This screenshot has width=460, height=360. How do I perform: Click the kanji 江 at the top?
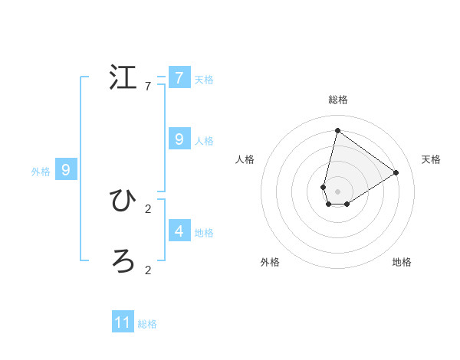(x=123, y=78)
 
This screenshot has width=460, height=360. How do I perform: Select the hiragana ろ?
(x=123, y=262)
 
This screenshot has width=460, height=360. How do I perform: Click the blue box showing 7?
(x=179, y=78)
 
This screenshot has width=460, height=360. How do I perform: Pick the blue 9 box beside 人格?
(x=179, y=139)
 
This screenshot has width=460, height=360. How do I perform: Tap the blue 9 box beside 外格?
(x=66, y=170)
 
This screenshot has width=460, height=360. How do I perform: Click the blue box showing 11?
(x=123, y=322)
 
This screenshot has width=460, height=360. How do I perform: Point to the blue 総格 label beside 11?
(x=147, y=324)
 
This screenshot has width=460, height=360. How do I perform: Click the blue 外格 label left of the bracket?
(x=41, y=172)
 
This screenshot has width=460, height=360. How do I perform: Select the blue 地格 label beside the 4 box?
(x=204, y=232)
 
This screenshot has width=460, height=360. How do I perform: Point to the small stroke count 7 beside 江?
(x=148, y=87)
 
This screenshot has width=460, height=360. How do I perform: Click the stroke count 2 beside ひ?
(x=148, y=208)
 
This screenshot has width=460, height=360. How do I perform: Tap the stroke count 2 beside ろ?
(x=148, y=270)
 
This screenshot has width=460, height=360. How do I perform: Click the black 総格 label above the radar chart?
(x=337, y=100)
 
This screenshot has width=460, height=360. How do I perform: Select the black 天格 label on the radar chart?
(x=431, y=159)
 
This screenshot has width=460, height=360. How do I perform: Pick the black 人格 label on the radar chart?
(x=245, y=159)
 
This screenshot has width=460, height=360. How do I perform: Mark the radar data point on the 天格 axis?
(x=396, y=172)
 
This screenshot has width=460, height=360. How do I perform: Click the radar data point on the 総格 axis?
(x=337, y=130)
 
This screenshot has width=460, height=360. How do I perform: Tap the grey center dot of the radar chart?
(x=337, y=191)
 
